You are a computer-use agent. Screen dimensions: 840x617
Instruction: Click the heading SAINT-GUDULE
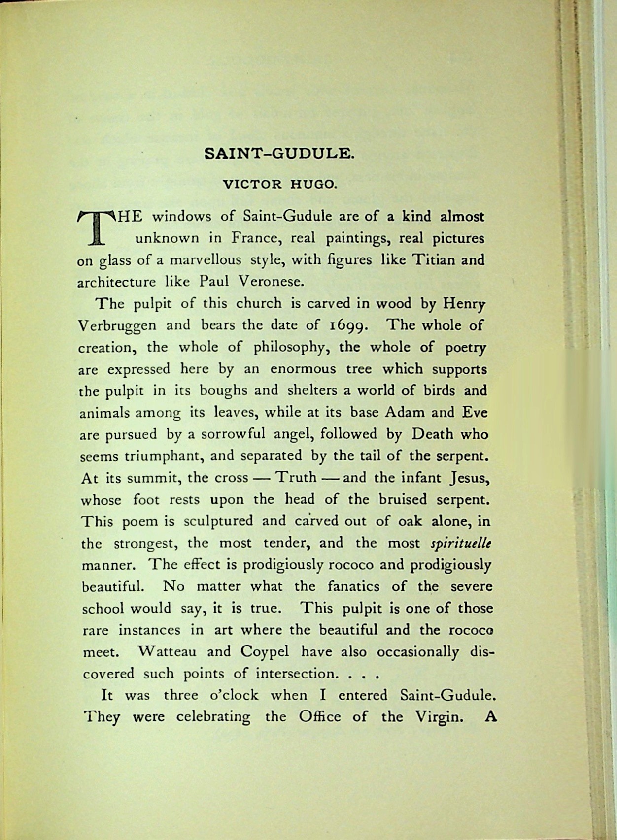coord(279,154)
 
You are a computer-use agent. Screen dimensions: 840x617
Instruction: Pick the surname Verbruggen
coord(118,326)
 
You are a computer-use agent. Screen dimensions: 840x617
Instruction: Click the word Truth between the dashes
coord(295,478)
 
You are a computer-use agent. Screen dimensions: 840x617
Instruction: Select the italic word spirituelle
coord(461,543)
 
